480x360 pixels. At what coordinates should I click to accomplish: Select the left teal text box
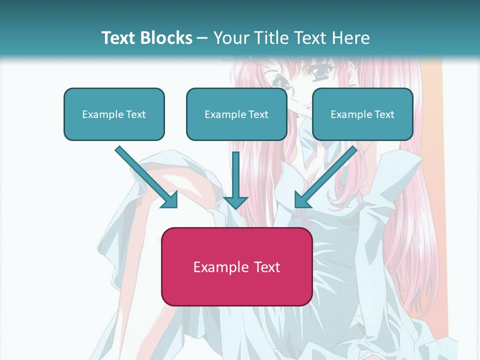pyautogui.click(x=114, y=114)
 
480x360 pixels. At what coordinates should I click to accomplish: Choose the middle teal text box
pyautogui.click(x=236, y=114)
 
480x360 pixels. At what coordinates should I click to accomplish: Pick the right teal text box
pyautogui.click(x=362, y=114)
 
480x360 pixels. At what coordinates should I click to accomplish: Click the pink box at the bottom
pyautogui.click(x=236, y=266)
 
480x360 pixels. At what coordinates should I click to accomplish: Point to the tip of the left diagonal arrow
pyautogui.click(x=176, y=207)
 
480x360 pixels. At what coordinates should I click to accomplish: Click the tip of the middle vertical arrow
pyautogui.click(x=235, y=208)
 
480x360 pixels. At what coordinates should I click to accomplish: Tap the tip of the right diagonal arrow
pyautogui.click(x=296, y=207)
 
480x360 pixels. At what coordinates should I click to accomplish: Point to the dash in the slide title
pyautogui.click(x=202, y=38)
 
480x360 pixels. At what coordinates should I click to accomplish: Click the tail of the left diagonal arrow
pyautogui.click(x=118, y=148)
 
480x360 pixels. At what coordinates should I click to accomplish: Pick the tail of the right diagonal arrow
pyautogui.click(x=354, y=148)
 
